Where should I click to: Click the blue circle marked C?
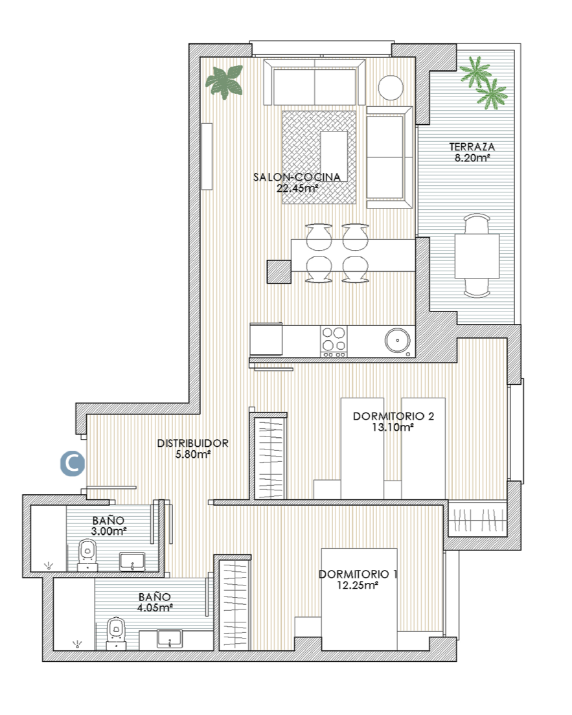point(73,463)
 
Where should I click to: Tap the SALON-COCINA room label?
point(297,177)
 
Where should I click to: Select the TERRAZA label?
point(472,147)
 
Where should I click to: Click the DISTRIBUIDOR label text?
point(192,443)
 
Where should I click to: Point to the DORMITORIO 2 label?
point(393,416)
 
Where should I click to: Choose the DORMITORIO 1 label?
point(358,574)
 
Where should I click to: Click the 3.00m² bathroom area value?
point(109,531)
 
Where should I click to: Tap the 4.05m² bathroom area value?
point(155,607)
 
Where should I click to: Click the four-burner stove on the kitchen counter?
point(334,341)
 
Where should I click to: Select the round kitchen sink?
point(397,341)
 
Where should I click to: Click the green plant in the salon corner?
point(224,81)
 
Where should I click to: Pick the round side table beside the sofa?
point(391,87)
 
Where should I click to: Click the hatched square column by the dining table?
point(279,271)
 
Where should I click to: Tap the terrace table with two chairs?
point(477,256)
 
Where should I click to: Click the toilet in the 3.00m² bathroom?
point(87,555)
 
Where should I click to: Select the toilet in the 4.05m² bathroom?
point(116,633)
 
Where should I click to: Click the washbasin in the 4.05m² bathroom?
point(170,639)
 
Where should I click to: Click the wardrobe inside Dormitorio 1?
point(235,605)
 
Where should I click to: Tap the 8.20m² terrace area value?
point(472,158)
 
